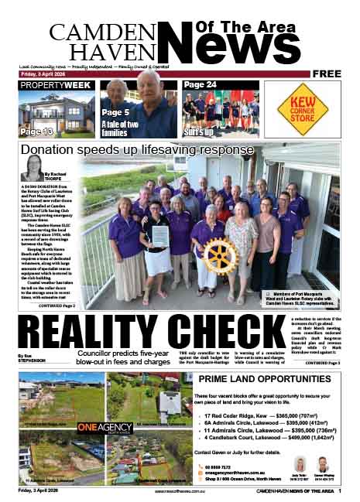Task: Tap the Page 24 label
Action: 201,84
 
